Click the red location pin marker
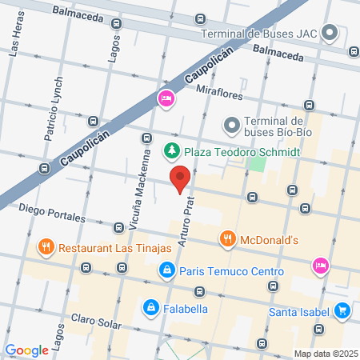pyautogui.click(x=180, y=178)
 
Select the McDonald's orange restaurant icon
pyautogui.click(x=228, y=238)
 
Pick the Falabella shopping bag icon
pyautogui.click(x=150, y=306)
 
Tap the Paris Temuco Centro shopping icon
pyautogui.click(x=166, y=270)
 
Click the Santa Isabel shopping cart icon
pyautogui.click(x=342, y=310)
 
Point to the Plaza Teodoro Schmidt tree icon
pyautogui.click(x=170, y=150)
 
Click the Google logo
pyautogui.click(x=26, y=350)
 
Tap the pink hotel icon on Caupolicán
pyautogui.click(x=166, y=99)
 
